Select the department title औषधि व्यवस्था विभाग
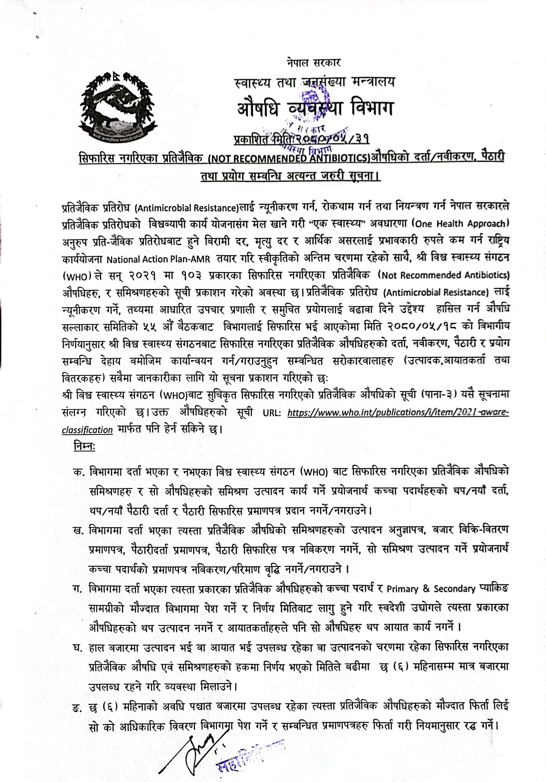315,109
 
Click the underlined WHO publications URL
398,413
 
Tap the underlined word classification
87,430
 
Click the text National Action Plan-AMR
158,260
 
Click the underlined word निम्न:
84,446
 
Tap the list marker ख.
78,531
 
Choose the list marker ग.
78,589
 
